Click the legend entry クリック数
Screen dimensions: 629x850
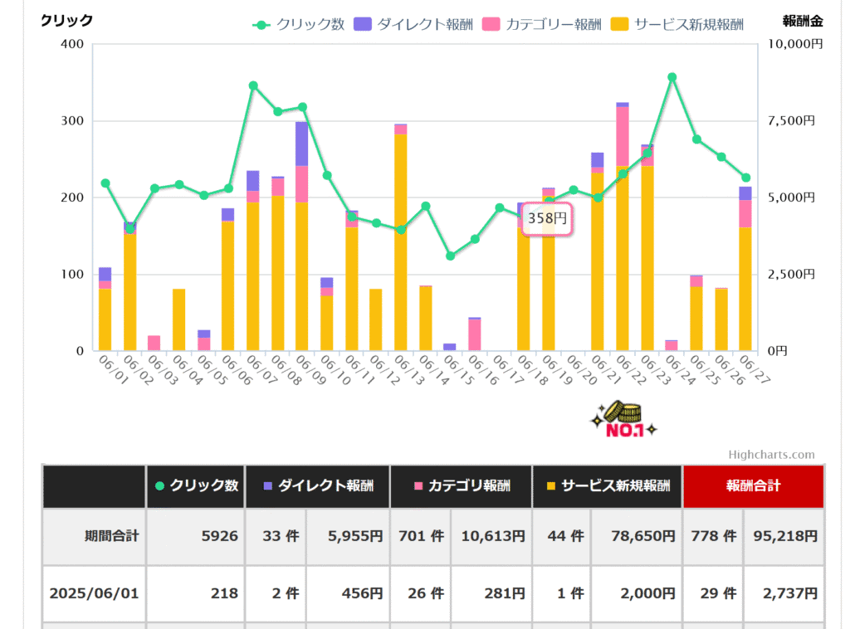(x=300, y=24)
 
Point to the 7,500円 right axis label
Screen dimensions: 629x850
(x=794, y=121)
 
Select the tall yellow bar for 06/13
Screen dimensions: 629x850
(x=401, y=241)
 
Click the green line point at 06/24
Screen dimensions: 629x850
(x=672, y=77)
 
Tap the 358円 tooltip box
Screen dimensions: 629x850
(x=548, y=219)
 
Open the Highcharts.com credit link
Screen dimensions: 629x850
(x=771, y=455)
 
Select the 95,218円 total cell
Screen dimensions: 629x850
(x=784, y=536)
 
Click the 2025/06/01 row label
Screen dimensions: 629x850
(x=94, y=593)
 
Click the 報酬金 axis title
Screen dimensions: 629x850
(x=803, y=21)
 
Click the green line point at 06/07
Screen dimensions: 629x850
(x=253, y=85)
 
